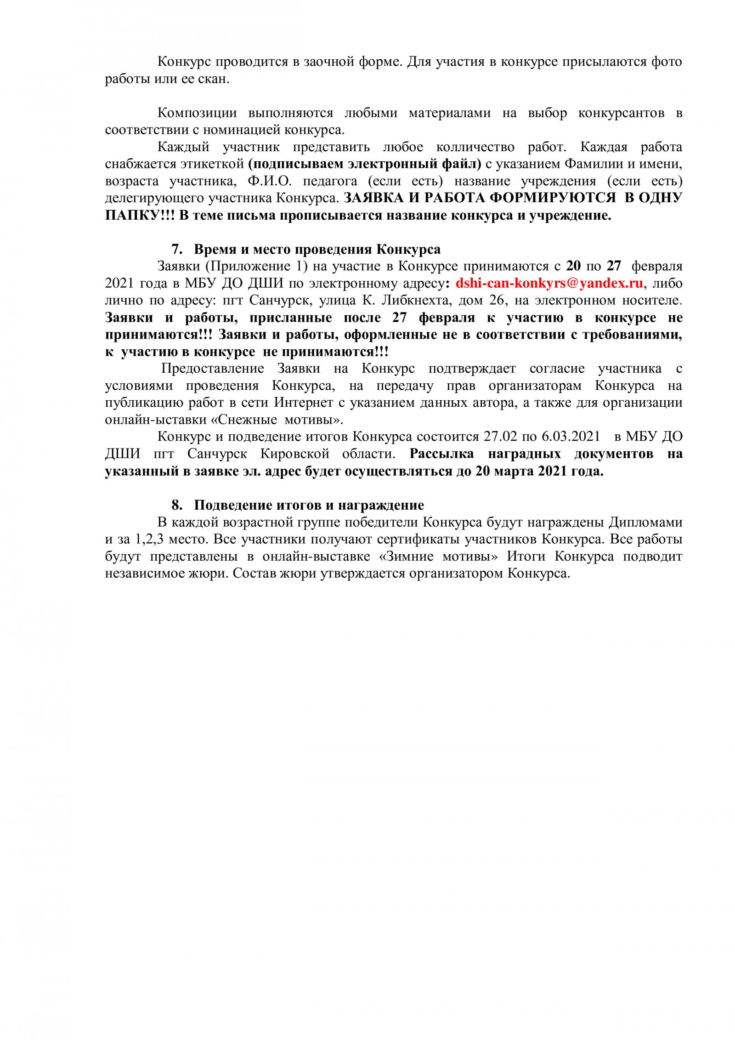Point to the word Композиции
[x=197, y=113]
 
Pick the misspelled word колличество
[x=475, y=147]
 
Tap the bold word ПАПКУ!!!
[x=140, y=215]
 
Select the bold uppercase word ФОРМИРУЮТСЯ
[x=553, y=198]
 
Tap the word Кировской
[x=294, y=454]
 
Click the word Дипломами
[x=645, y=522]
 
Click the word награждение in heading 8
[x=381, y=505]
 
